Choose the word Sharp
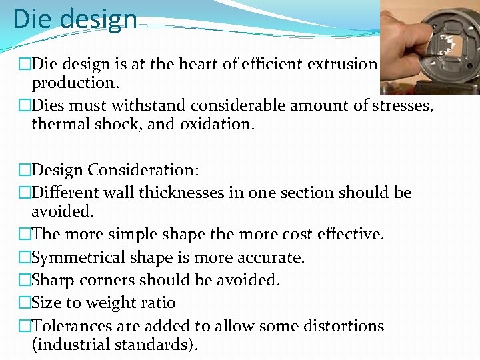click(52, 280)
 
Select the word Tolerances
click(75, 326)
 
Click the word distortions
click(342, 326)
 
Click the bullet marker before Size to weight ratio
click(25, 303)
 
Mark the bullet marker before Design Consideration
click(25, 171)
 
